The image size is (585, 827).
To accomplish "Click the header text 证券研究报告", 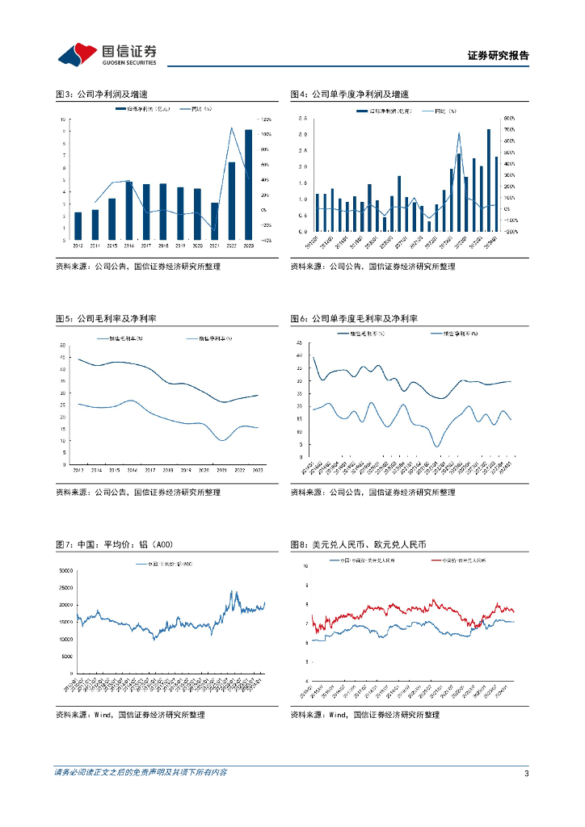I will tap(498, 56).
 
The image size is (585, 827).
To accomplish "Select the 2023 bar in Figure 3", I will tap(248, 184).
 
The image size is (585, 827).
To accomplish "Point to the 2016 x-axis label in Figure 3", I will tap(129, 246).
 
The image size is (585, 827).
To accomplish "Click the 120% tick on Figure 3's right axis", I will tap(265, 120).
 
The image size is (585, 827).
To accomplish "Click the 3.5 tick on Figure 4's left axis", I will tap(300, 118).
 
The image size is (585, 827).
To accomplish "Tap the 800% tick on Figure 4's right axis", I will tap(510, 118).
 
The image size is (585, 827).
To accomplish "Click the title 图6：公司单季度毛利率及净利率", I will tap(360, 319).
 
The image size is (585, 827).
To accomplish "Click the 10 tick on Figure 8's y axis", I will tap(305, 566).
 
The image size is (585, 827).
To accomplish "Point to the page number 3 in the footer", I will tap(526, 773).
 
